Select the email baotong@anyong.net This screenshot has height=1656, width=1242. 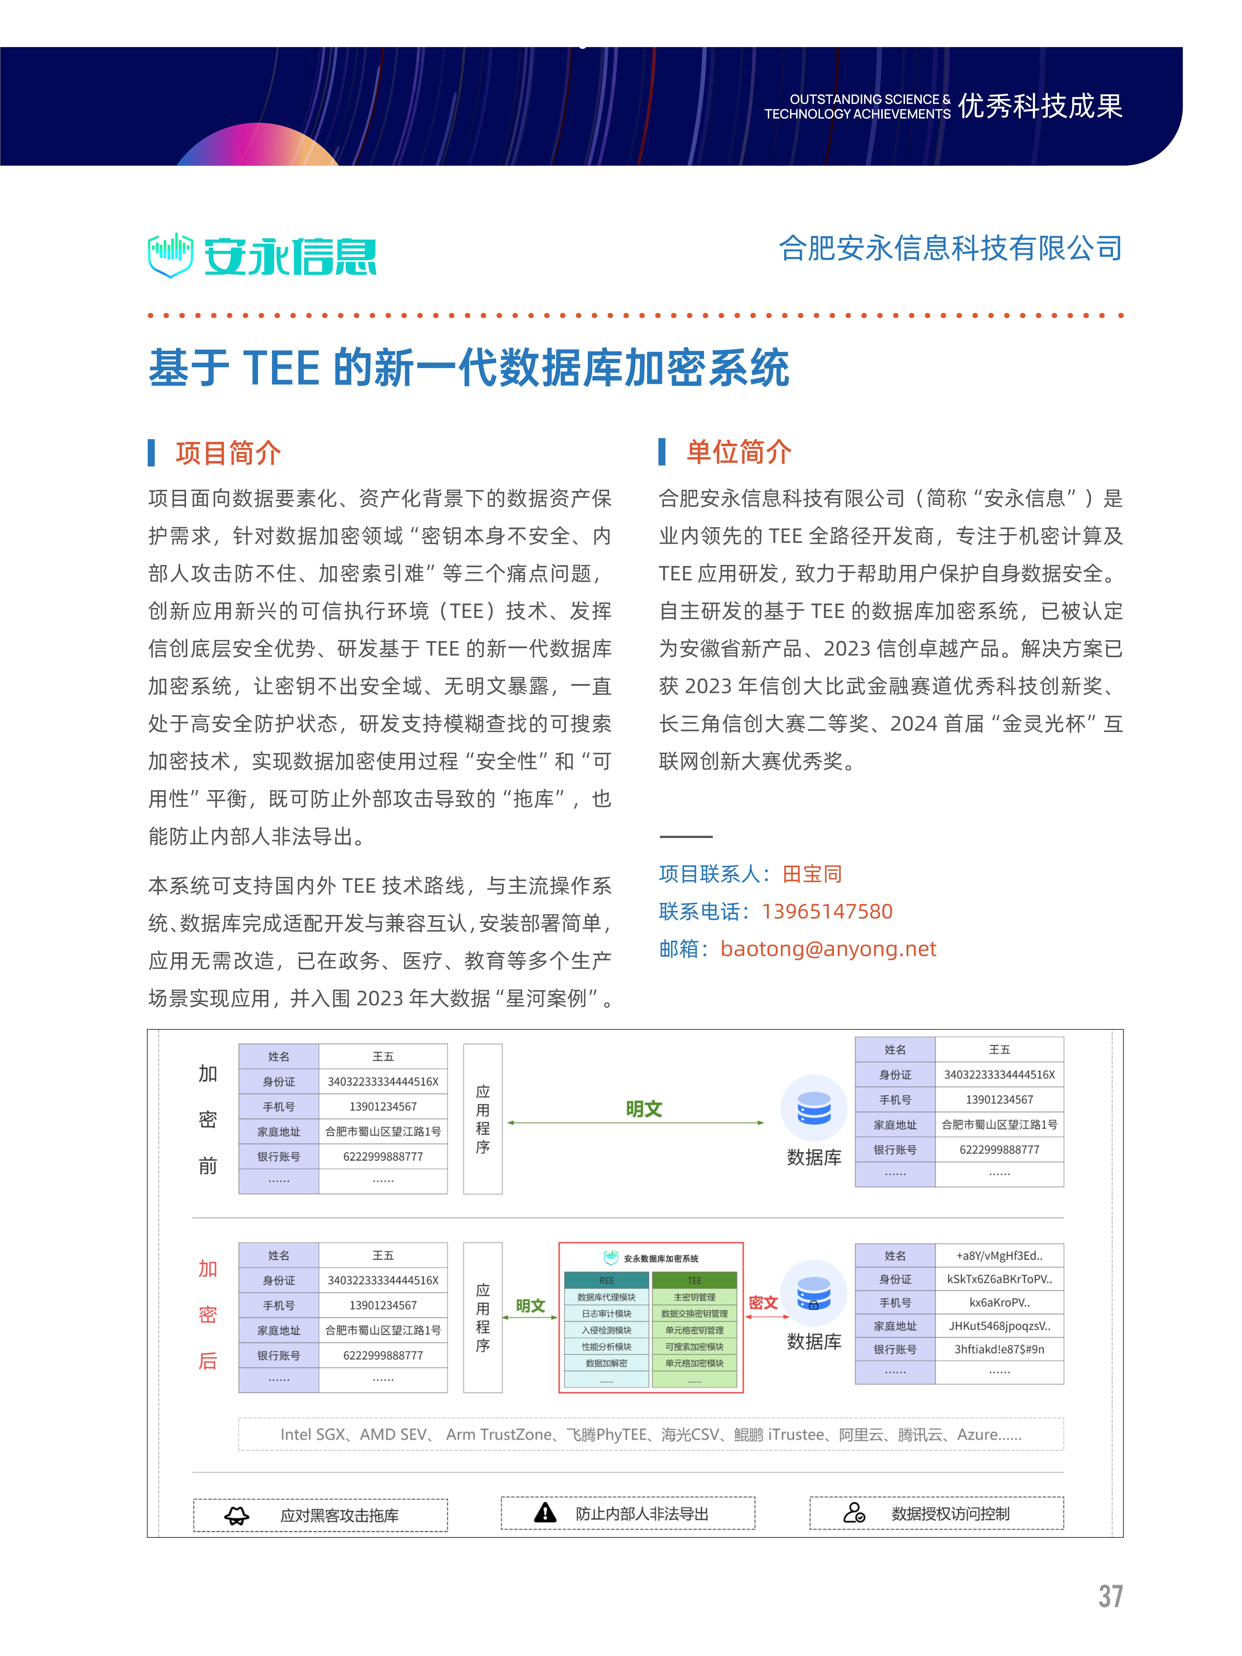828,948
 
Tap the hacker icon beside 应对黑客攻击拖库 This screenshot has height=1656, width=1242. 237,1516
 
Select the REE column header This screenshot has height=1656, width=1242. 606,1280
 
